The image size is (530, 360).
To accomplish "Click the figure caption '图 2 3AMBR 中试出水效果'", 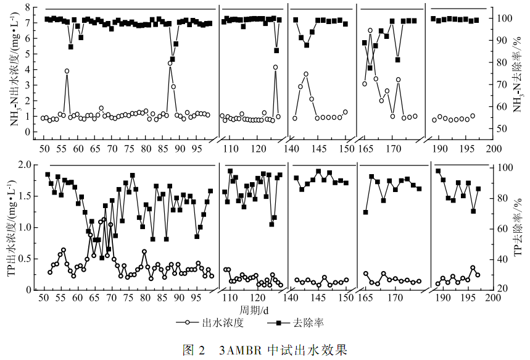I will coord(265,350).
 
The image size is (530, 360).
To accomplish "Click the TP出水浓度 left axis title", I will coord(14,227).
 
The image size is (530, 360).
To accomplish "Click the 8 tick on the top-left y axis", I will coord(28,7).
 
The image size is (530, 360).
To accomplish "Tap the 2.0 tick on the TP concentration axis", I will coord(25,165).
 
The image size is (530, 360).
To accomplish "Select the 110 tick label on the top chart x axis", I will coord(230,149).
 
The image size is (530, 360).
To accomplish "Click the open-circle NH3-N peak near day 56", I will coord(67,71).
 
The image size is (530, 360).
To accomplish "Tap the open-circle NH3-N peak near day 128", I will coord(275,67).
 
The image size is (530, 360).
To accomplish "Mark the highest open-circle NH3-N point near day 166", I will coord(370,30).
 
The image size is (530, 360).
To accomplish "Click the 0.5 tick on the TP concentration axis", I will coord(25,258).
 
